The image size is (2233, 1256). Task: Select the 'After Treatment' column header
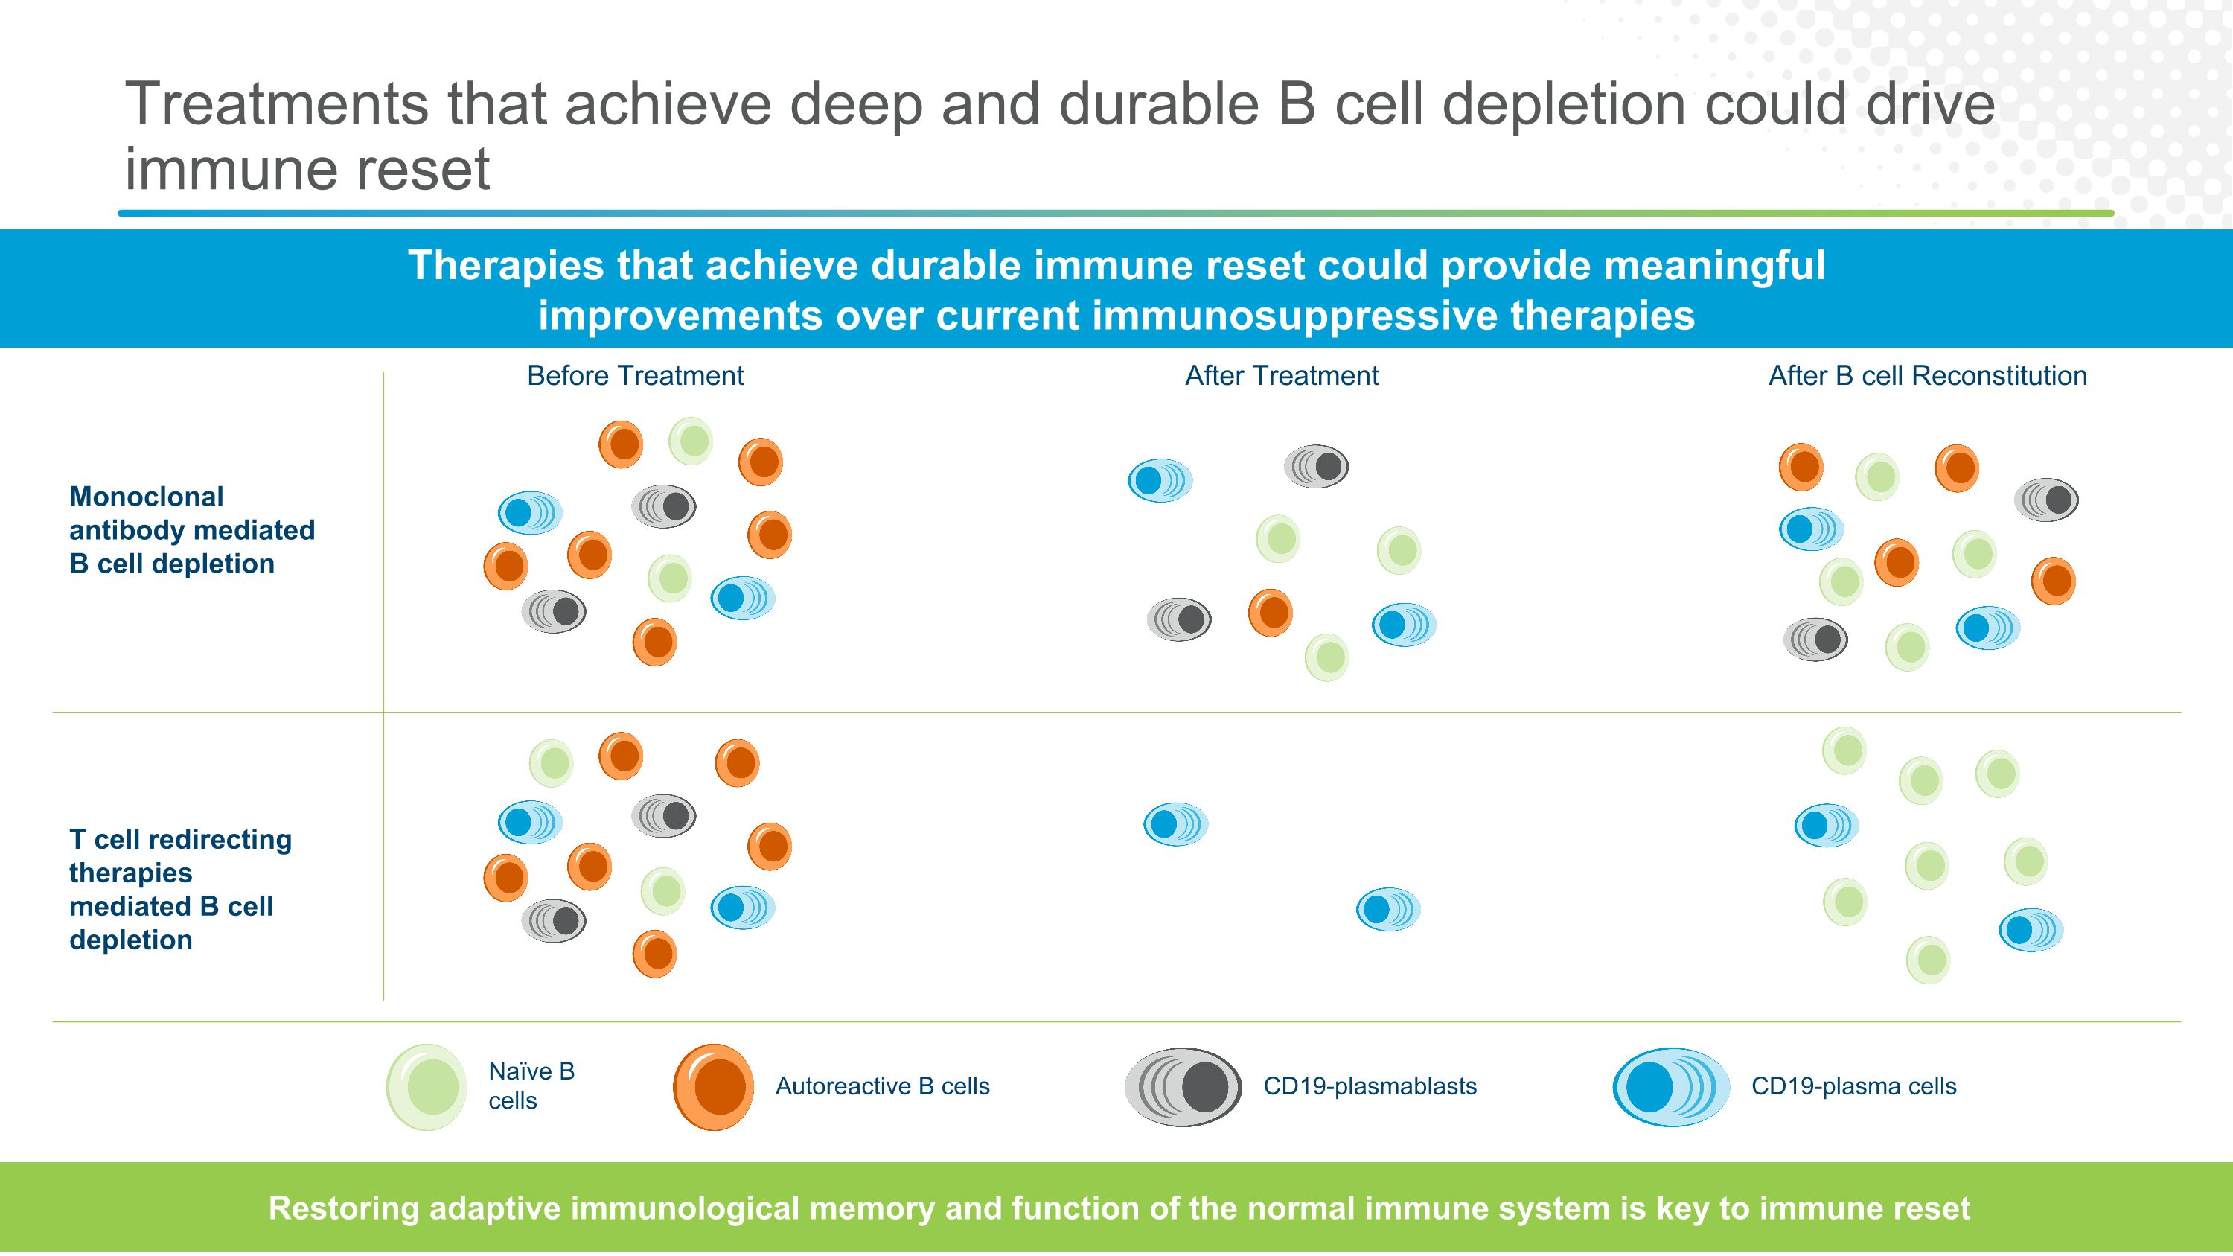tap(1281, 375)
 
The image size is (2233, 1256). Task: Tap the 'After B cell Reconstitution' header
tap(1927, 375)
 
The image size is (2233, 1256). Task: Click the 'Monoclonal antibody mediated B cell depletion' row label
tap(191, 529)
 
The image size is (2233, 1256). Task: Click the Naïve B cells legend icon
tap(427, 1086)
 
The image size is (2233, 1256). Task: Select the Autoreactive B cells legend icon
tap(713, 1086)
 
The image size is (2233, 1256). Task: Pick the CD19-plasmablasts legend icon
tap(1183, 1086)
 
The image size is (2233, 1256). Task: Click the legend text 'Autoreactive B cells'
tap(881, 1086)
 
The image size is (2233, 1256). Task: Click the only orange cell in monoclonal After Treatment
tap(1270, 613)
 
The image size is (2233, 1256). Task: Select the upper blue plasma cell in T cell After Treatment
tap(1175, 823)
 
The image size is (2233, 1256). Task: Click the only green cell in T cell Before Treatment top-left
tap(551, 763)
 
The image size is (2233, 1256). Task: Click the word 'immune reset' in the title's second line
tap(307, 168)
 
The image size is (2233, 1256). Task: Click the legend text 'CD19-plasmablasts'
tap(1370, 1086)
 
